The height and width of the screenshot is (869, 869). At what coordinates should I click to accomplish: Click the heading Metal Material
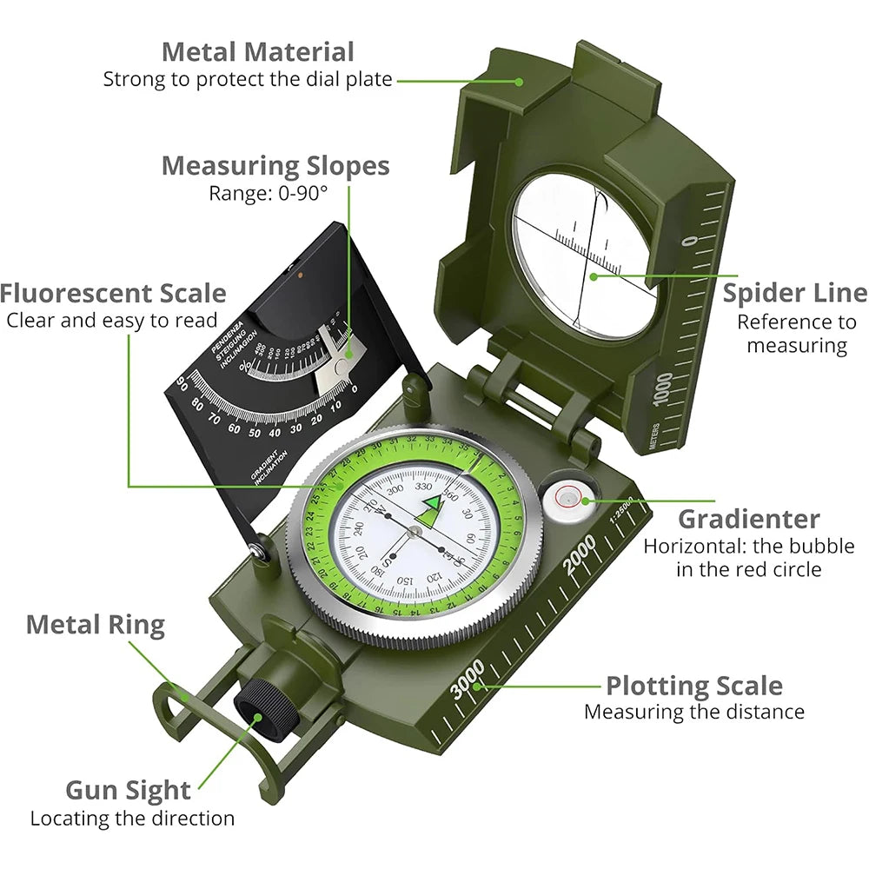(258, 51)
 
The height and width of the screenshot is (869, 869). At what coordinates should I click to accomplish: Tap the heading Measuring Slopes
(275, 165)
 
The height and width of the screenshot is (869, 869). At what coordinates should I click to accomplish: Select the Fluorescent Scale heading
(113, 293)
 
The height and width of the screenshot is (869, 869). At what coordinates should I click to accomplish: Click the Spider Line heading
(794, 293)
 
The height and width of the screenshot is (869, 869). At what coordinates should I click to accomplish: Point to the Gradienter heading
(748, 519)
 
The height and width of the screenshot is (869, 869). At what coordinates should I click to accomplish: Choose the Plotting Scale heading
(693, 686)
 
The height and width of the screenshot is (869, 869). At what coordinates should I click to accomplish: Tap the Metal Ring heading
(95, 624)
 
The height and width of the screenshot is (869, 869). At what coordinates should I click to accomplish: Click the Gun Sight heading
(128, 790)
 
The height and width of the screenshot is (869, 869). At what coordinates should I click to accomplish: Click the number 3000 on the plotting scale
(468, 679)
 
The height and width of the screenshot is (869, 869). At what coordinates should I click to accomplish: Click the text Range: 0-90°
(268, 193)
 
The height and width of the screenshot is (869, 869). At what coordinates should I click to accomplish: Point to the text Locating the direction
(132, 818)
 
